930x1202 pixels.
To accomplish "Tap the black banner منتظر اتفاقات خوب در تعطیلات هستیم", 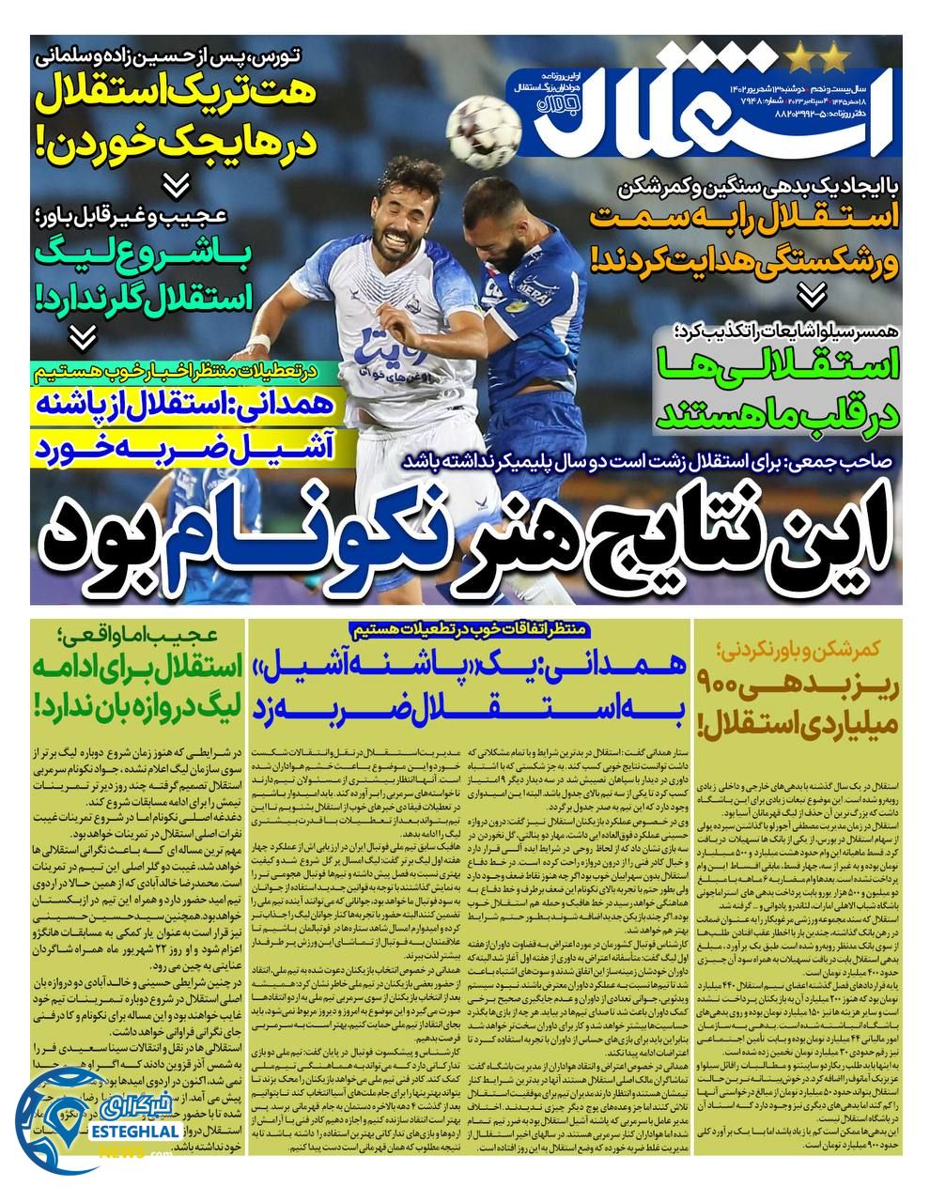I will [x=467, y=627].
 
